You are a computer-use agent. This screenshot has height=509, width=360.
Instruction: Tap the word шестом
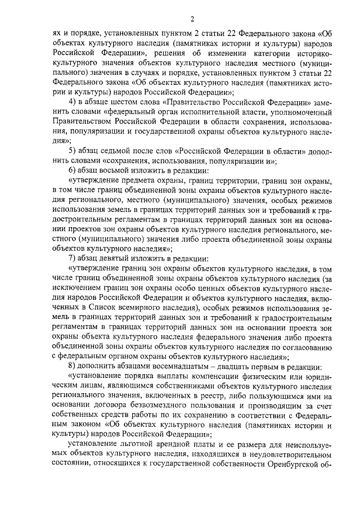tap(128, 101)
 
